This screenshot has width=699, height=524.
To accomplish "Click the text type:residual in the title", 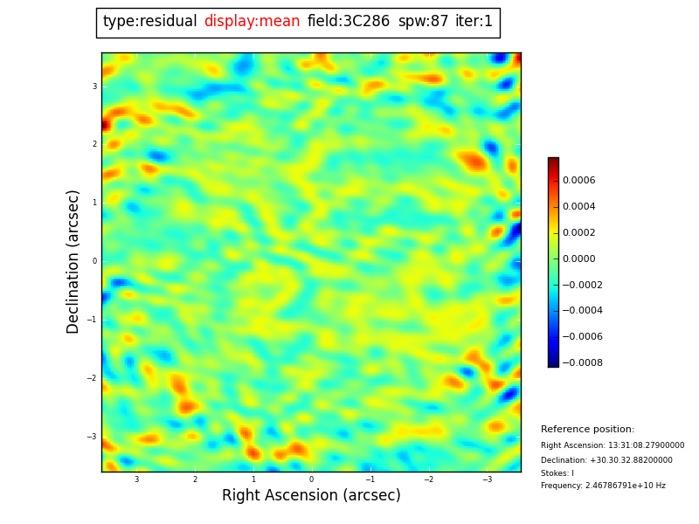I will (x=149, y=22).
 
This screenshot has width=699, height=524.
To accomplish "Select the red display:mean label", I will (x=252, y=22).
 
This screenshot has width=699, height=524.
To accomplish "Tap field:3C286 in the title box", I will (x=349, y=22).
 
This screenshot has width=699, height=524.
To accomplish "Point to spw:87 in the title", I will (x=423, y=22).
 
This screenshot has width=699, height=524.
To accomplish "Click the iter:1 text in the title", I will (x=474, y=22).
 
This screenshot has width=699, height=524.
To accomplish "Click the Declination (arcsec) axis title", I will (x=73, y=261).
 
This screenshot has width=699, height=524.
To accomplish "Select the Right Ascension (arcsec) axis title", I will (x=311, y=496).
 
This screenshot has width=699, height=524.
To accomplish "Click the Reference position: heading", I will (x=587, y=430).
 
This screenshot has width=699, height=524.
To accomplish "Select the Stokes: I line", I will (x=557, y=473).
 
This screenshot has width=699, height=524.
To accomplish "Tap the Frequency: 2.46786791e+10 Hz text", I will (x=603, y=486).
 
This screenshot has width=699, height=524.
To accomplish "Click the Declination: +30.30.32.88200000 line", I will (x=606, y=460).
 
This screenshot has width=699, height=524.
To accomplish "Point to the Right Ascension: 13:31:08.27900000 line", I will (x=612, y=445).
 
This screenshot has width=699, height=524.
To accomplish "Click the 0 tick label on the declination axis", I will (x=94, y=261).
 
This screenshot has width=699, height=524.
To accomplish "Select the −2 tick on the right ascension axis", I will (x=429, y=479).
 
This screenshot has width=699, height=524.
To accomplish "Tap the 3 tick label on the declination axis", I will (x=94, y=86).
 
